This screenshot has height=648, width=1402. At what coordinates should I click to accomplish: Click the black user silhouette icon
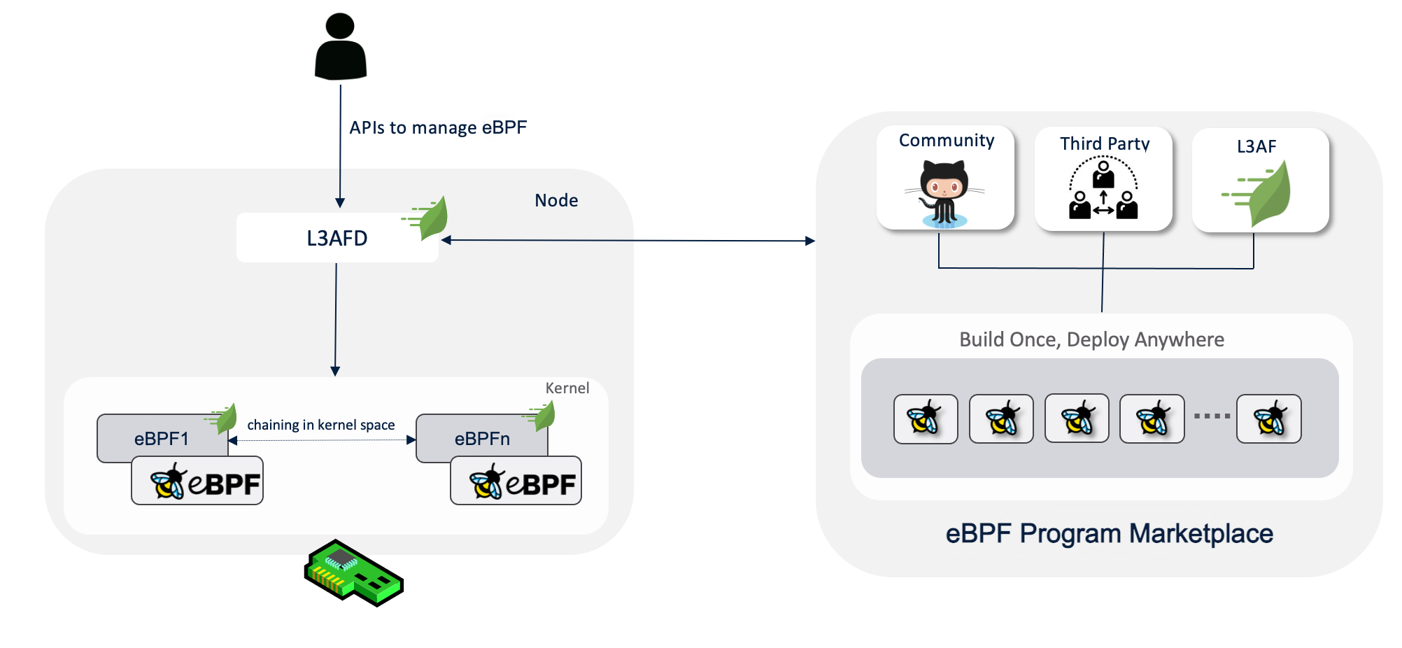[x=341, y=46]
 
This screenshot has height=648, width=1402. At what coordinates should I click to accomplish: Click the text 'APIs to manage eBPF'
[x=438, y=127]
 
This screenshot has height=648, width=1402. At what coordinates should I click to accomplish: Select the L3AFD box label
[x=337, y=238]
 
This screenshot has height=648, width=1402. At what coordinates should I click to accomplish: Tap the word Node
[x=556, y=200]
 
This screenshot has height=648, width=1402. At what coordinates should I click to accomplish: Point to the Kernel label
[x=567, y=388]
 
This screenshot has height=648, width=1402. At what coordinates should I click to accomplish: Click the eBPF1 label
[x=162, y=439]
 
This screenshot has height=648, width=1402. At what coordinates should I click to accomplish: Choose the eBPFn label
[x=482, y=439]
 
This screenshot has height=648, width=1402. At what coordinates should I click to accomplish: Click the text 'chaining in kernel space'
[x=321, y=425]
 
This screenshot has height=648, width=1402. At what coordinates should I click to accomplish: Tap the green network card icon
[x=354, y=572]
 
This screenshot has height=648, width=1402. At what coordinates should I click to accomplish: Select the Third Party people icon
[x=1103, y=188]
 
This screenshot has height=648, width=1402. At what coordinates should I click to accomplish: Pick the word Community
[x=947, y=141]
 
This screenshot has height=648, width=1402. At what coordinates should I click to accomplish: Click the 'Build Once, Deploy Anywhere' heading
[x=1091, y=339]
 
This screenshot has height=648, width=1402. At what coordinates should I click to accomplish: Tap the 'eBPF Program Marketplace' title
[x=1109, y=533]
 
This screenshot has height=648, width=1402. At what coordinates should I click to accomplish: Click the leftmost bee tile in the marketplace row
[x=926, y=418]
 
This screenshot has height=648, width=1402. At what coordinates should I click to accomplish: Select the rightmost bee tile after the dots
[x=1268, y=418]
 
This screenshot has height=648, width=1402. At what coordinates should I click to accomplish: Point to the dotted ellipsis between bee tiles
[x=1212, y=416]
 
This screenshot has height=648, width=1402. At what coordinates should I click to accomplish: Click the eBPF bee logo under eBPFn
[x=516, y=481]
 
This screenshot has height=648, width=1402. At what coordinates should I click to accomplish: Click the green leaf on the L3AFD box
[x=427, y=218]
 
